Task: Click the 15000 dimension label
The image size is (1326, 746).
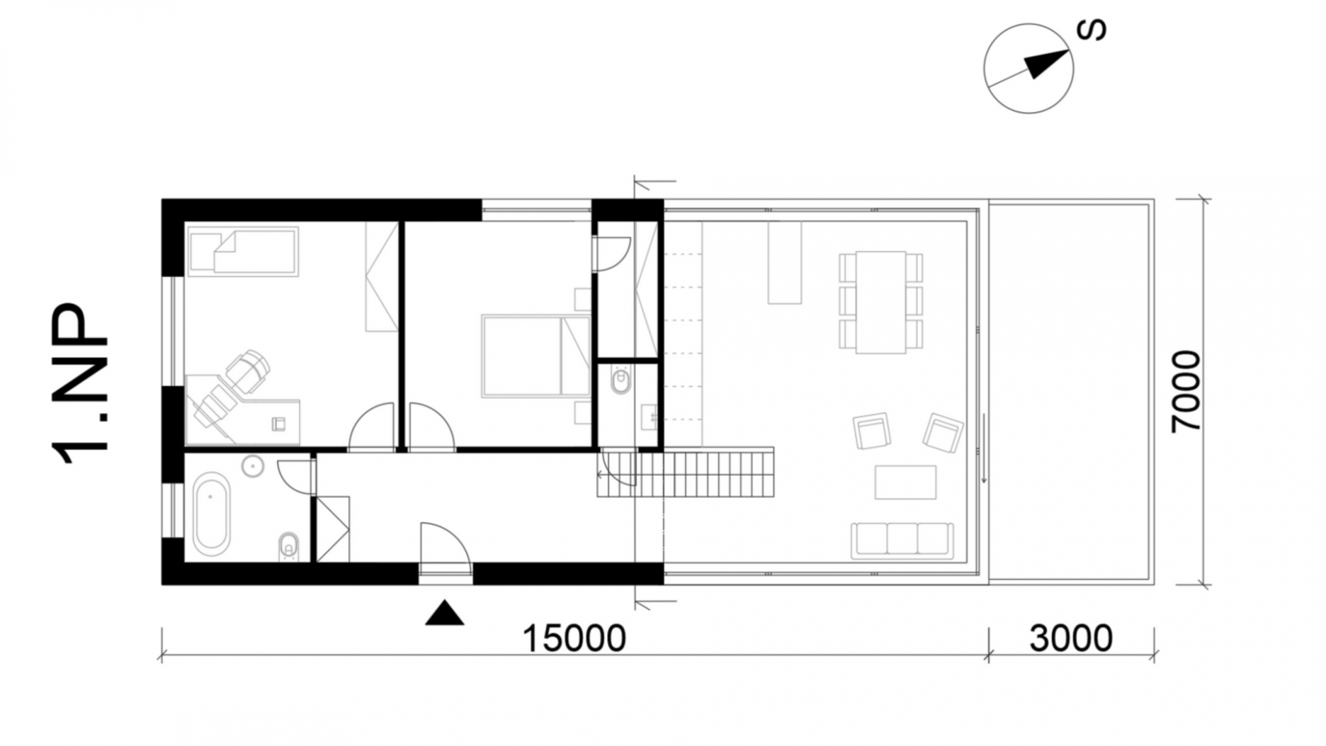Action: [x=574, y=638]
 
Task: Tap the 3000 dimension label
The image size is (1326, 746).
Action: [x=1070, y=638]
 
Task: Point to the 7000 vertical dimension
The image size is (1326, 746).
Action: [x=1186, y=391]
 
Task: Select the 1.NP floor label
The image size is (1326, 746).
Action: [x=80, y=383]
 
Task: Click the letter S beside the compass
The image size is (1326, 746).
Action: [x=1091, y=30]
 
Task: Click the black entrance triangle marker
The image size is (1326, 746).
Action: [x=444, y=613]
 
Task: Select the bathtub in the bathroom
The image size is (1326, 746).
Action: [x=211, y=516]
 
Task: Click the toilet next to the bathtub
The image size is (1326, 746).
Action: [x=288, y=546]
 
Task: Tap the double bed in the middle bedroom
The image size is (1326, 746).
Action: [x=535, y=356]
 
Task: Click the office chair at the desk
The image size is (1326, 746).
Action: [x=246, y=371]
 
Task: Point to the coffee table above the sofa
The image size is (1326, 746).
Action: [x=905, y=482]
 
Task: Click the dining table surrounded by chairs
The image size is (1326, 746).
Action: [x=880, y=302]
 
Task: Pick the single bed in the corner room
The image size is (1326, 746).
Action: [x=243, y=252]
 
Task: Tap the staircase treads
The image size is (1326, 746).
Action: [x=685, y=472]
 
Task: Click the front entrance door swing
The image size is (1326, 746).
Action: [x=446, y=546]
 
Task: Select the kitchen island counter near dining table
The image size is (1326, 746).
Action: [x=785, y=262]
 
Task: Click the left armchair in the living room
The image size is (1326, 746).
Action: [x=871, y=431]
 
